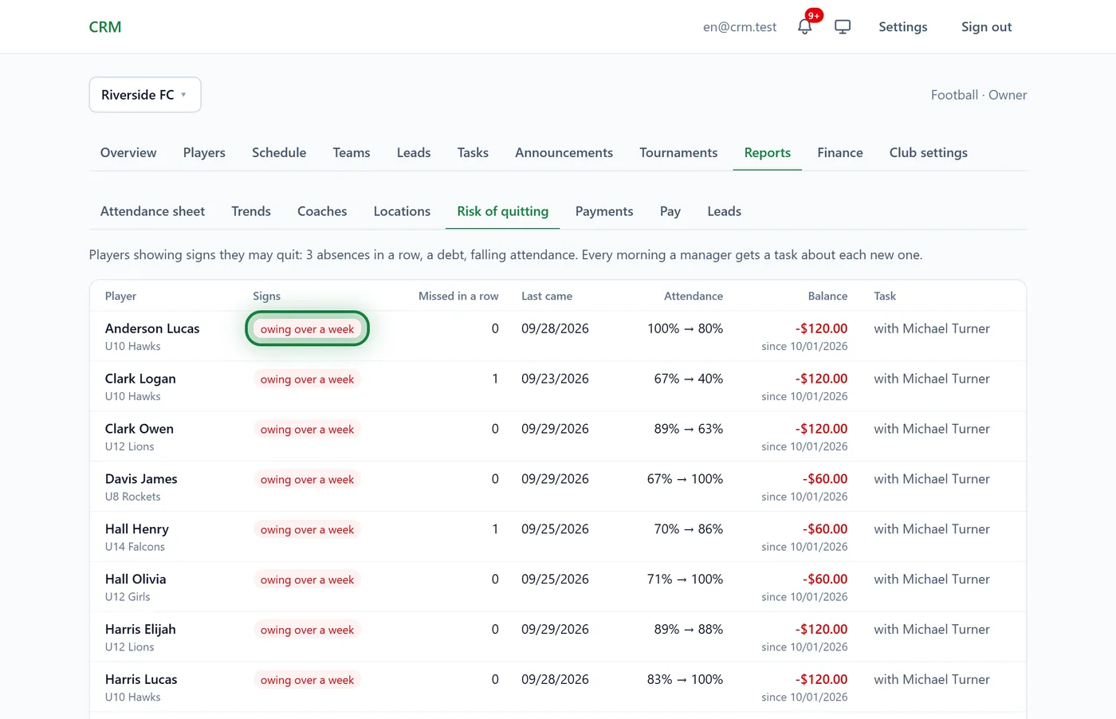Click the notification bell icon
coord(804,26)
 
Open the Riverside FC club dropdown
coord(145,95)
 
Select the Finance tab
coord(839,152)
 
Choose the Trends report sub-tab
coord(250,211)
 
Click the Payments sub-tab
coord(604,211)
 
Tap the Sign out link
coord(986,27)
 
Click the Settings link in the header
coord(902,27)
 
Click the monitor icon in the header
coord(843,27)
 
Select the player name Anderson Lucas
coord(152,328)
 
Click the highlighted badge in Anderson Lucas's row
coord(307,329)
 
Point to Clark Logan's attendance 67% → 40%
coord(688,379)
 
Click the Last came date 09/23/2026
coord(555,379)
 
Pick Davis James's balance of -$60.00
coord(824,479)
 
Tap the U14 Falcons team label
coord(135,547)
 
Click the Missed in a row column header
coord(458,296)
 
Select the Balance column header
coord(827,296)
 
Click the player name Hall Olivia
coord(135,579)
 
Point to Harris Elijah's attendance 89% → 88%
coord(688,629)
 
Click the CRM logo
coord(104,27)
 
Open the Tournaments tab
coord(678,152)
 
